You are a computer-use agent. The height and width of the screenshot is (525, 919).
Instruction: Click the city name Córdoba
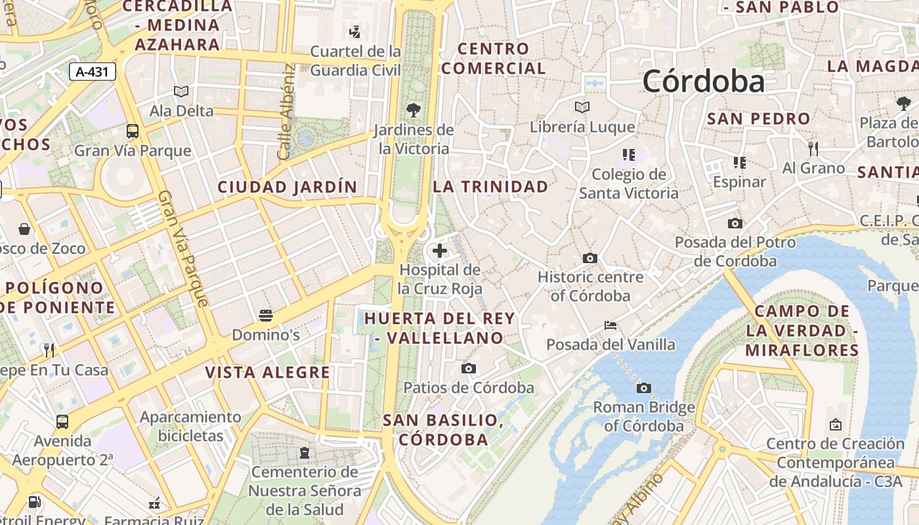(x=704, y=81)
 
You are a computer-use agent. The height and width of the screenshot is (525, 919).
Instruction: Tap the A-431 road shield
(x=93, y=72)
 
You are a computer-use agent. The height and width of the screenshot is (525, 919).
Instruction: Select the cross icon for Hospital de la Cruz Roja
(x=440, y=250)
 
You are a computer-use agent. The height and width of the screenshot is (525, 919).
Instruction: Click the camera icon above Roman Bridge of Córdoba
(x=644, y=388)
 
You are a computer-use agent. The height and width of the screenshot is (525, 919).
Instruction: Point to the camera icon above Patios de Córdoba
(x=469, y=368)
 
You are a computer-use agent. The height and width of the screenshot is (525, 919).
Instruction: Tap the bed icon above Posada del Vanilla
(x=610, y=325)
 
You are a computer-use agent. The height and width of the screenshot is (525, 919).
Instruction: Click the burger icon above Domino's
(x=266, y=316)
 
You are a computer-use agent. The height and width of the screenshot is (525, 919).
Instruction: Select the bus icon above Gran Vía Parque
(x=133, y=131)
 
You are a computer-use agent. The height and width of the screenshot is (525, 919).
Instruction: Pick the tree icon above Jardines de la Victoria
(x=414, y=110)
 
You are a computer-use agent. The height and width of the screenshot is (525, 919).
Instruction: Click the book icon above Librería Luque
(x=582, y=107)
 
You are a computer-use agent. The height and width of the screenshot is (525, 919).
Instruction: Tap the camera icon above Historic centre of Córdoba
(x=590, y=258)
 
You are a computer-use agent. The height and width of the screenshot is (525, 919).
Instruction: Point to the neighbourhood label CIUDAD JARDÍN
(x=288, y=187)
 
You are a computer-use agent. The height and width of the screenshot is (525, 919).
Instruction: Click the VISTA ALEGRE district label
(x=267, y=373)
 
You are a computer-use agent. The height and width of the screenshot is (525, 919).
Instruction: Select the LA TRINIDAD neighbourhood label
(x=490, y=186)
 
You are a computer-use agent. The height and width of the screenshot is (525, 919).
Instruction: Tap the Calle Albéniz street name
(x=285, y=112)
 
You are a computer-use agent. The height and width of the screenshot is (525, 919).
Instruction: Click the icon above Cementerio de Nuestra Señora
(x=305, y=452)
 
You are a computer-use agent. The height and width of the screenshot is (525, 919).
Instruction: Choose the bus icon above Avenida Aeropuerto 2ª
(x=62, y=421)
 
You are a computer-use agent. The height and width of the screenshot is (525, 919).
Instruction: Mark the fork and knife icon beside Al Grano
(x=813, y=149)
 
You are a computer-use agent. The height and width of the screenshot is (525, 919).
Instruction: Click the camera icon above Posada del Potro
(x=735, y=223)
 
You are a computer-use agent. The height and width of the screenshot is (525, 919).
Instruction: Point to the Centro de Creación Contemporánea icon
(x=836, y=425)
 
